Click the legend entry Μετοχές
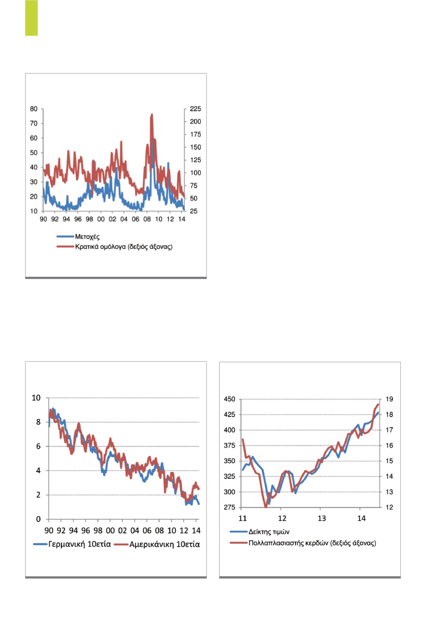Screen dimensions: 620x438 tap(87, 236)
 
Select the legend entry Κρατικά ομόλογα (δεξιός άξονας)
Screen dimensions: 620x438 tap(123, 246)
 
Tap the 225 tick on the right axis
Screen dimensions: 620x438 tap(195, 109)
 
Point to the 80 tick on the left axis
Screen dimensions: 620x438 tap(34, 109)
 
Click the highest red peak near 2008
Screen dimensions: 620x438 tap(152, 115)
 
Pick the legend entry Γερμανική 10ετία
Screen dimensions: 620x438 tap(80, 544)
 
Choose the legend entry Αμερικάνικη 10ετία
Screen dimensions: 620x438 tap(164, 544)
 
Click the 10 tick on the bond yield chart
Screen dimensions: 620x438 tap(36, 398)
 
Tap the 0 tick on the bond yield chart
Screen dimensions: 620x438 tap(38, 519)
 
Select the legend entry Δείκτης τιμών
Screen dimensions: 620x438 tap(269, 532)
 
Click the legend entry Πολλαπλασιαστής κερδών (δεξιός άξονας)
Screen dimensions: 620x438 tap(312, 543)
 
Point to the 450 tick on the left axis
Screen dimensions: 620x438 tap(230, 399)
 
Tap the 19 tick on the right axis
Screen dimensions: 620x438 tap(389, 399)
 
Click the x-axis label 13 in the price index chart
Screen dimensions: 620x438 tap(322, 518)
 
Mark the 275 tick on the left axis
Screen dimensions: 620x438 tap(230, 507)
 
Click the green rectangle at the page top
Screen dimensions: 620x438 tap(31, 18)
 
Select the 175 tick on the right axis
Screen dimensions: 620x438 tap(195, 135)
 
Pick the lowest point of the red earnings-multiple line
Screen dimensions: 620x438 tap(266, 507)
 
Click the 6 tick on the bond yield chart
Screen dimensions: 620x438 tap(38, 446)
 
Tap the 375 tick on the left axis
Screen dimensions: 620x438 tap(230, 446)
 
